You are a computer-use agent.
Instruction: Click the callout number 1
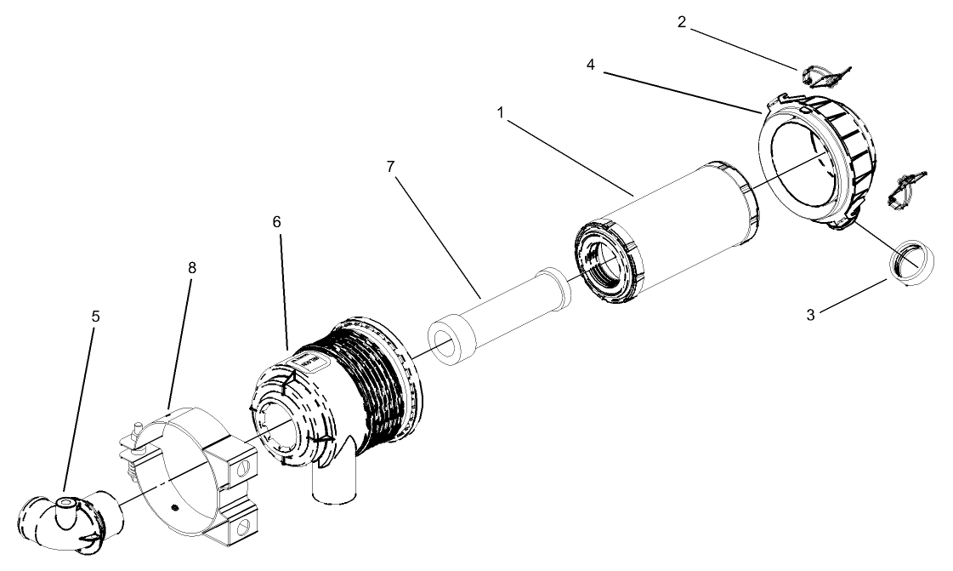pyautogui.click(x=502, y=111)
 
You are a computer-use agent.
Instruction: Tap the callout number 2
pyautogui.click(x=681, y=22)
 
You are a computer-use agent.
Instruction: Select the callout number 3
pyautogui.click(x=810, y=314)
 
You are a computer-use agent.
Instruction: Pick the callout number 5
pyautogui.click(x=95, y=316)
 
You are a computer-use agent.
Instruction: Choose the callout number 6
pyautogui.click(x=276, y=221)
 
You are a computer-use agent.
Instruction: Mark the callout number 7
pyautogui.click(x=391, y=166)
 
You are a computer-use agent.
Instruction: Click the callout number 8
pyautogui.click(x=191, y=267)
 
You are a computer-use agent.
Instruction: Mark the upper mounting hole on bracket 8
pyautogui.click(x=244, y=467)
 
